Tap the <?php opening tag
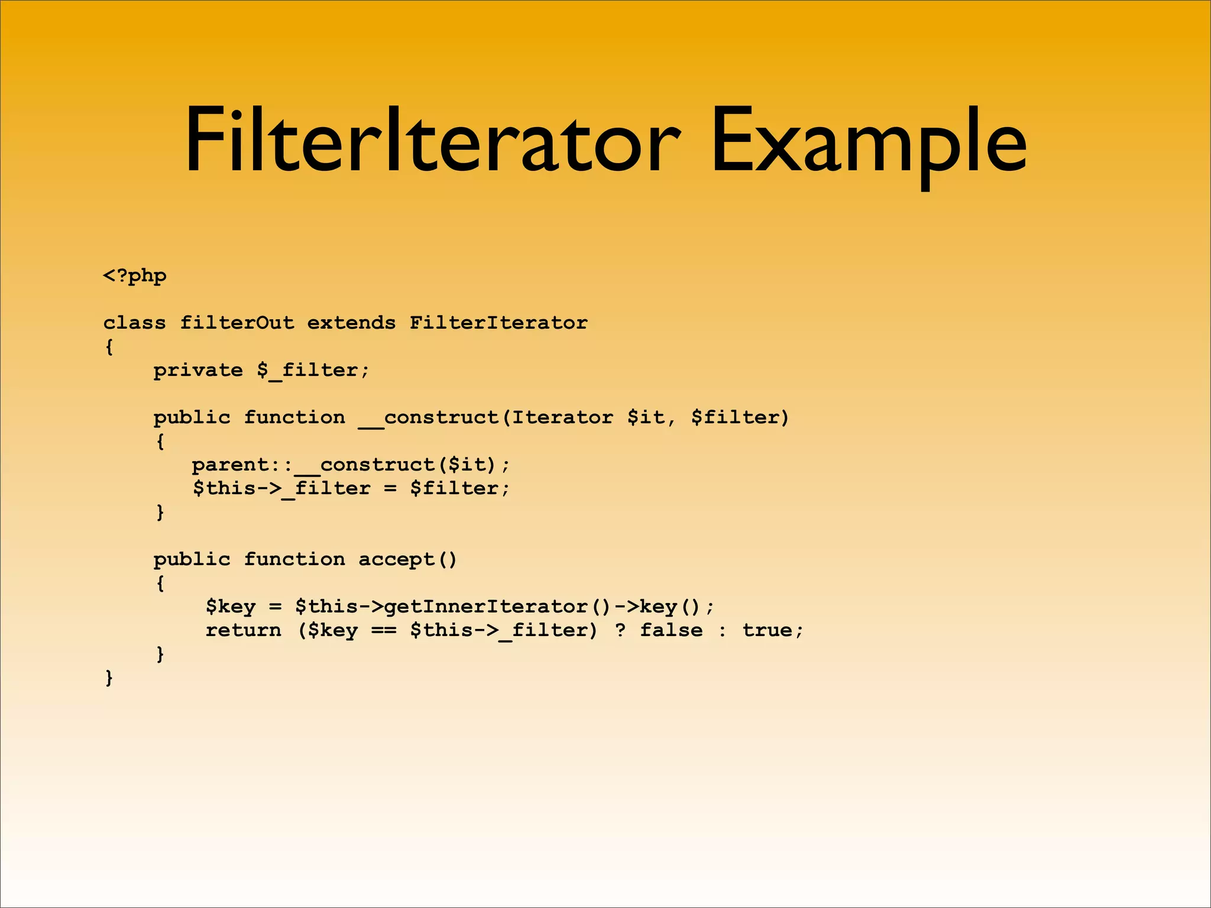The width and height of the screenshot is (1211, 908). [x=135, y=276]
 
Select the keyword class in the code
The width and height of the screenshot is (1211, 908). [x=134, y=323]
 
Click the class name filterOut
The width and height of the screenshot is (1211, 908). [x=237, y=323]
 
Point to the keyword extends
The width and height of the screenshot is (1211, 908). [x=351, y=323]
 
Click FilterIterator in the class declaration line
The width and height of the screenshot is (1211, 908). [x=498, y=323]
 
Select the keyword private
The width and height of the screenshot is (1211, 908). [x=198, y=371]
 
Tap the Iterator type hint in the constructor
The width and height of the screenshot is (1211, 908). [x=562, y=417]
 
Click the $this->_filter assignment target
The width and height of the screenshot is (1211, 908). [x=281, y=489]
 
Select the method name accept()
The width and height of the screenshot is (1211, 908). [x=407, y=559]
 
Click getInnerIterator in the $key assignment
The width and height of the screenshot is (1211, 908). [x=486, y=607]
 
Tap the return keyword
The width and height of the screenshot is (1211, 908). [x=243, y=630]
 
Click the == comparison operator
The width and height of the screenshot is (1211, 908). [x=384, y=631]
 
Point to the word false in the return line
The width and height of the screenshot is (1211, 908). [x=671, y=630]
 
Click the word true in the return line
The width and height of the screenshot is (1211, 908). [x=767, y=630]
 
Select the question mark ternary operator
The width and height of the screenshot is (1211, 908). [x=620, y=630]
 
